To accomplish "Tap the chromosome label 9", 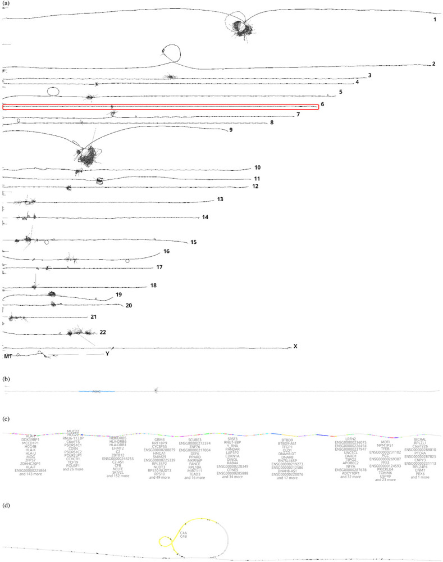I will (230, 130).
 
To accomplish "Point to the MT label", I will (8, 356).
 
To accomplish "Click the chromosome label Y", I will (108, 354).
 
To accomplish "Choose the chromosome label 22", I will (103, 332).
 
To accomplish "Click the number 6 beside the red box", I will (323, 105).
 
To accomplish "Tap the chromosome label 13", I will (220, 200).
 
